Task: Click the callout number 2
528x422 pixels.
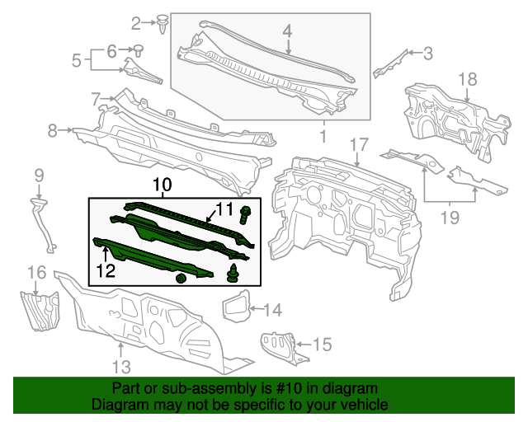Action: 136,22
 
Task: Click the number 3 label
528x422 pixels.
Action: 427,54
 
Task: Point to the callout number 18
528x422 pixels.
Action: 468,79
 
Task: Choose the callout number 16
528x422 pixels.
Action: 37,272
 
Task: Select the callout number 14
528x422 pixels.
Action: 272,310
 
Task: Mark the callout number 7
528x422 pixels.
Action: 96,99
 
